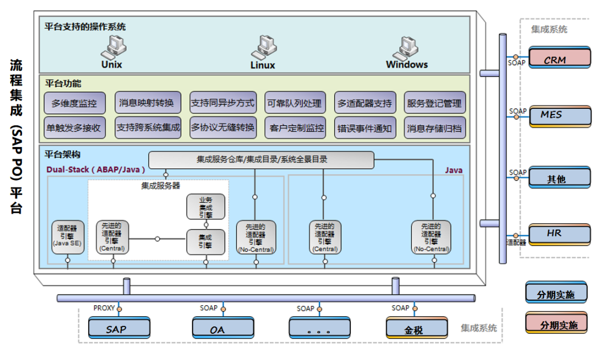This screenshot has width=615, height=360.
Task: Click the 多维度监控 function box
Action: (75, 104)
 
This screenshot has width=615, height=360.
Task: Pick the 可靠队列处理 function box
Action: (294, 104)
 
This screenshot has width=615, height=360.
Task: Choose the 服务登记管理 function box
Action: (434, 104)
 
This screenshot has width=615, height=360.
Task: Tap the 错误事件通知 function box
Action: (364, 128)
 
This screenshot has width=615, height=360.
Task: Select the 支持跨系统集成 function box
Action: (148, 128)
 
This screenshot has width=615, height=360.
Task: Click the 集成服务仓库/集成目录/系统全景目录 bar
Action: (261, 160)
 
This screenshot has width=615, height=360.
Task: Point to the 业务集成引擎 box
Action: (206, 207)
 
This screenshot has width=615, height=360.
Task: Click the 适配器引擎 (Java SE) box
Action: (68, 236)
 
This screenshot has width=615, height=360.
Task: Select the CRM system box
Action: (560, 59)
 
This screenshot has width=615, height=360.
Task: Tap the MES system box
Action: (560, 115)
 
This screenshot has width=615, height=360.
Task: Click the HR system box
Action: (560, 234)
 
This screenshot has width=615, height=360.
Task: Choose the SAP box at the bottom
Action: (120, 329)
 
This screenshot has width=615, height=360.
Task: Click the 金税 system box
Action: (413, 329)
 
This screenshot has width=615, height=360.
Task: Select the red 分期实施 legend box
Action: (556, 324)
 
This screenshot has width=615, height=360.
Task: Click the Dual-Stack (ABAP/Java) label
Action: (96, 170)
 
